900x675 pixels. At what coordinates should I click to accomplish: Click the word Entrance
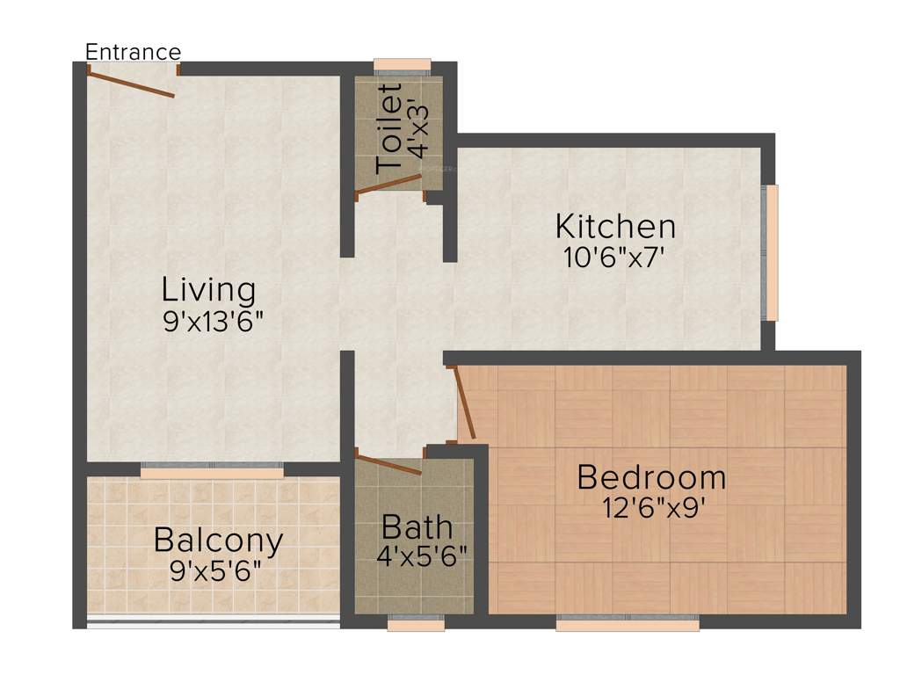[x=133, y=52]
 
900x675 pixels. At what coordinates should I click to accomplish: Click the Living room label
[x=208, y=289]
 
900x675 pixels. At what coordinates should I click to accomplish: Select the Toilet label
[x=389, y=129]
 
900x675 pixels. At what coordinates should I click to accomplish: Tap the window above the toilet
[x=402, y=65]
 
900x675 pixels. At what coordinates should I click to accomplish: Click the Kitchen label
[x=615, y=227]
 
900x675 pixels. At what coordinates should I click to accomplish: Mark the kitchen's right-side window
[x=771, y=252]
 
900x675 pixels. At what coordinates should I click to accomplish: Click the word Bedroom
[x=651, y=478]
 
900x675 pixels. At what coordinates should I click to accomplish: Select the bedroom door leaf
[x=464, y=402]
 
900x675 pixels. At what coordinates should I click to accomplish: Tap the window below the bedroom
[x=628, y=623]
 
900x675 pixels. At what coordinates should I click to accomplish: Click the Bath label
[x=417, y=528]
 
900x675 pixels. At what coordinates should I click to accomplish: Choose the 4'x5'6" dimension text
[x=420, y=557]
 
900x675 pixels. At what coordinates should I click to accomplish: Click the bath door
[x=388, y=462]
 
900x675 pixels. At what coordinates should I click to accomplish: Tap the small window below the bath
[x=416, y=623]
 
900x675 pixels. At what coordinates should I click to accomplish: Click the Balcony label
[x=218, y=540]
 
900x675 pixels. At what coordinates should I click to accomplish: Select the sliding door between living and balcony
[x=212, y=471]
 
